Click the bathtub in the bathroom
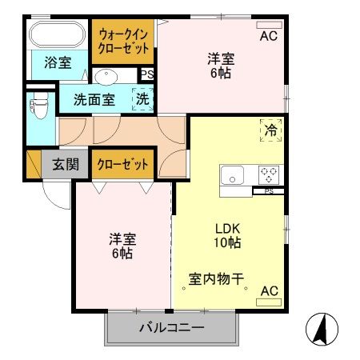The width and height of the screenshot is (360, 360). point(57,36)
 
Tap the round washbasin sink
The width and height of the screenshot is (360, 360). point(106,77)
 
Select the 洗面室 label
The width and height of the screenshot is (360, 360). point(94,101)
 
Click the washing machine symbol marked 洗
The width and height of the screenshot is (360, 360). point(142,100)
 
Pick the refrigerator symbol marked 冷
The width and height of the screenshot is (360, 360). point(270,130)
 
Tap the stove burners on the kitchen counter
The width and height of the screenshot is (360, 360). point(267,174)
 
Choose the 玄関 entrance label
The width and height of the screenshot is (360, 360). point(66,165)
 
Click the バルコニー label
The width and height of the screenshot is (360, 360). point(171,328)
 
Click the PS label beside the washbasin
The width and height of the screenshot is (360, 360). point(146,75)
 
